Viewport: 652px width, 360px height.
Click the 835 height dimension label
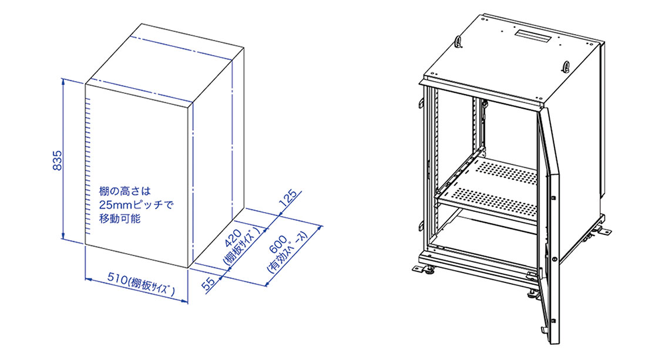57,160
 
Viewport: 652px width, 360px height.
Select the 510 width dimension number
117,278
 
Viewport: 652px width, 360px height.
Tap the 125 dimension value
289,198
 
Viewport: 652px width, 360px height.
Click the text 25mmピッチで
136,204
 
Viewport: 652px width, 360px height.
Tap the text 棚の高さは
125,191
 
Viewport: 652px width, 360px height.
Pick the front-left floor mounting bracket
424,270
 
